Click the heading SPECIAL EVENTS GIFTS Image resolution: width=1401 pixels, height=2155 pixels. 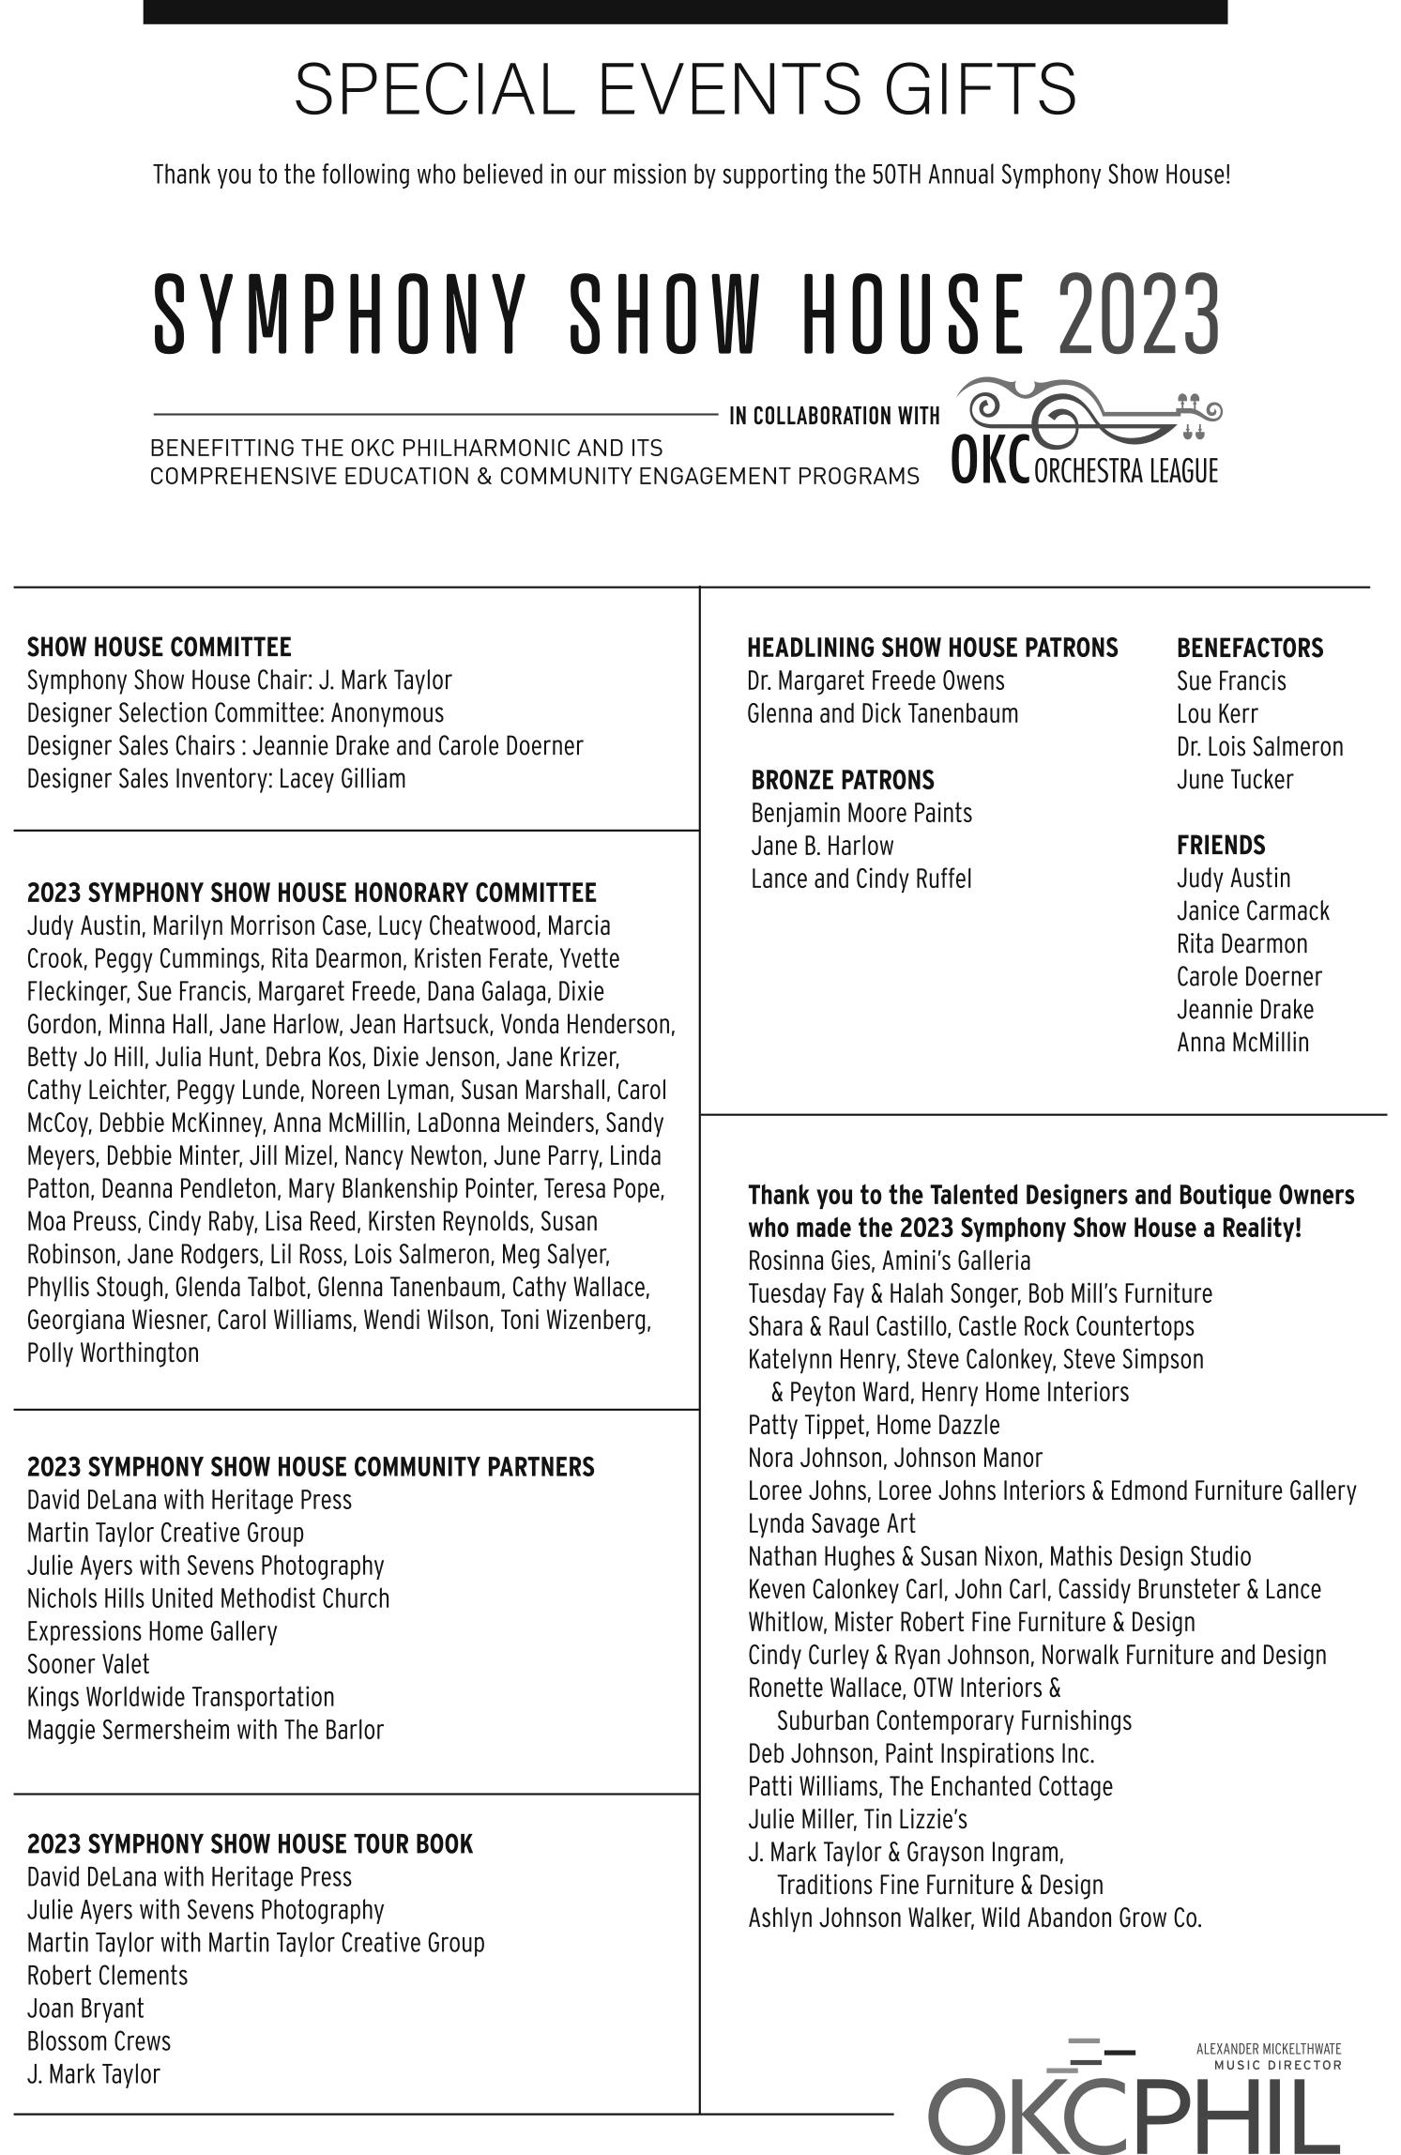coord(685,89)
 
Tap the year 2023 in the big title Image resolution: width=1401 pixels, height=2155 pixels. coord(1138,313)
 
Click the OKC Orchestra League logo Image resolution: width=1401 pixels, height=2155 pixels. coord(1085,432)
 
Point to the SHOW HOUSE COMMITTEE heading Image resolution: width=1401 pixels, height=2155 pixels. coord(159,647)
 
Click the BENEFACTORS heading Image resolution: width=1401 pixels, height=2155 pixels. coord(1249,648)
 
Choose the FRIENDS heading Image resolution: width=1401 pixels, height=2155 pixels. coord(1220,845)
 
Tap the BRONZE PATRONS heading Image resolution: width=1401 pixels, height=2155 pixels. coord(842,779)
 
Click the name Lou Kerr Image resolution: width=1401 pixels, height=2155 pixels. coord(1216,713)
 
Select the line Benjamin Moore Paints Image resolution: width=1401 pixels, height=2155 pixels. coord(860,812)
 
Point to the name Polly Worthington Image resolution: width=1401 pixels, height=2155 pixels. coord(113,1353)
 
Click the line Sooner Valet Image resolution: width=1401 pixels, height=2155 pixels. coord(88,1664)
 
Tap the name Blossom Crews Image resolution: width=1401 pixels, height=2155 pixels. coord(99,2041)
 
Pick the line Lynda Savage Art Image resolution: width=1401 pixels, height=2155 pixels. coord(830,1523)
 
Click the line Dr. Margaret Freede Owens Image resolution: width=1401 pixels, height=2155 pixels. coord(875,680)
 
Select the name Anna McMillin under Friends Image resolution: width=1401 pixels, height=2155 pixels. coord(1241,1042)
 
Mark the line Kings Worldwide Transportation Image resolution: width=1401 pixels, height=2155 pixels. coord(180,1697)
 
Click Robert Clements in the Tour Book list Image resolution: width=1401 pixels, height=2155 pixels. coord(107,1976)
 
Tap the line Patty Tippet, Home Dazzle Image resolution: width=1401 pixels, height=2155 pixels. coord(873,1425)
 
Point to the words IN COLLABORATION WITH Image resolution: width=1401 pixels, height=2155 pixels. coord(833,415)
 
